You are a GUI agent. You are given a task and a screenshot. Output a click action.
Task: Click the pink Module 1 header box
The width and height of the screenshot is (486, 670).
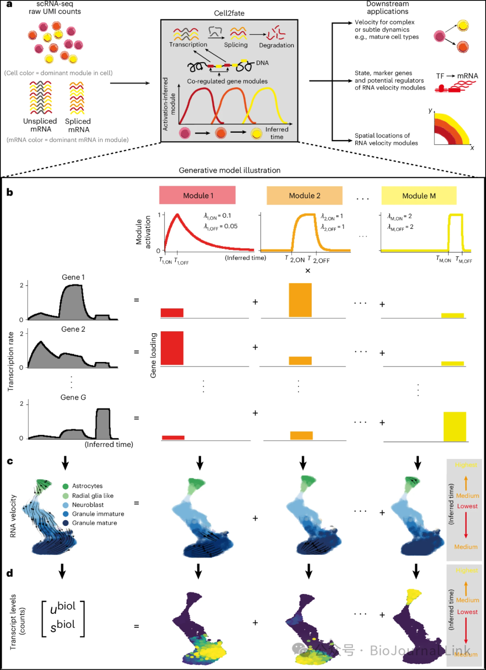point(197,196)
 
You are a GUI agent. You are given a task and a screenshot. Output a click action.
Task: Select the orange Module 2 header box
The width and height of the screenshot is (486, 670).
point(305,196)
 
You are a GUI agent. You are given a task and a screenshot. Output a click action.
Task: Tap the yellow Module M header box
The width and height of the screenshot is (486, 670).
point(419,196)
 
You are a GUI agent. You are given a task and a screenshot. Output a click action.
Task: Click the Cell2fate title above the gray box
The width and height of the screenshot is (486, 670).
point(229,13)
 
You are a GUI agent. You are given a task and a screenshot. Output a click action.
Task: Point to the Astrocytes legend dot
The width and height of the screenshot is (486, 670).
point(66,486)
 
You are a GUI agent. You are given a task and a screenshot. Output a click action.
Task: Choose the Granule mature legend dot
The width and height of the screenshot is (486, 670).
point(66,523)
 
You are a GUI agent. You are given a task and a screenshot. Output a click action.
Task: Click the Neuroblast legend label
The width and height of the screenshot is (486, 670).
point(88,505)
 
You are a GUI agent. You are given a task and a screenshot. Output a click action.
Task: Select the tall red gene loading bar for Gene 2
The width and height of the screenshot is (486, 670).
point(172,348)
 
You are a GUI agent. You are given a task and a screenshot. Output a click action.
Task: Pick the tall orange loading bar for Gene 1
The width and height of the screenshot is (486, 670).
point(300,300)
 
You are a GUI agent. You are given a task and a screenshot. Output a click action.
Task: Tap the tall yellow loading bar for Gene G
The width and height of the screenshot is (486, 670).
point(454,426)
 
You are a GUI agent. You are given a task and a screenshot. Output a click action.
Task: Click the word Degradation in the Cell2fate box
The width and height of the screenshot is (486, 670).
point(276,45)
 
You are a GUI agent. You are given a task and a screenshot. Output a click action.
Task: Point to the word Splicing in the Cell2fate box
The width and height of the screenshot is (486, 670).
point(236,45)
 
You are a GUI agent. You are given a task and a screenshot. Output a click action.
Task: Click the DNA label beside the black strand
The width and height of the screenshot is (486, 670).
point(262,63)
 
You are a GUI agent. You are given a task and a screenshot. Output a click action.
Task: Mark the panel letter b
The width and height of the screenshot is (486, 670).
point(10,192)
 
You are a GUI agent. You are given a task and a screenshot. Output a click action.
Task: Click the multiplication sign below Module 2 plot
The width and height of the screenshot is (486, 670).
point(308,271)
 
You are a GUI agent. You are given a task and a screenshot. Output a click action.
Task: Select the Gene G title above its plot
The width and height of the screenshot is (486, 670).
point(73,398)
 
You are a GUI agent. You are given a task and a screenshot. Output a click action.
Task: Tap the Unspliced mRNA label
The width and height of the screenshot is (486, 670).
point(40,125)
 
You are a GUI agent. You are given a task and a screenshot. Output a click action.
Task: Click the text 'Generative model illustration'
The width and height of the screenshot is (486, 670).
point(229,170)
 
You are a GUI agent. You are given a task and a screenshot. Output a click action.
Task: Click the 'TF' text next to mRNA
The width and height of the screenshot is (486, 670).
point(440,76)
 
